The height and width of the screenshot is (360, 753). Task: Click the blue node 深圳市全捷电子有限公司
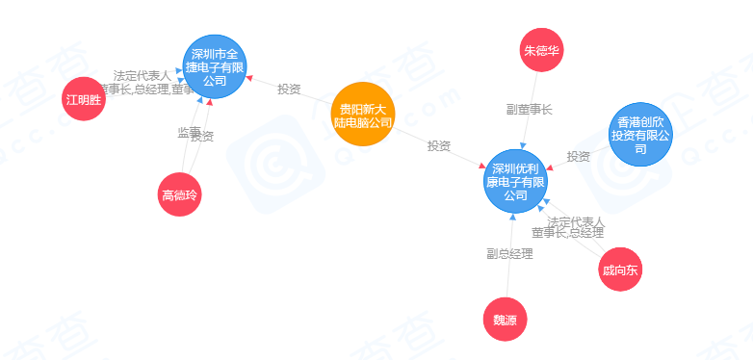216,65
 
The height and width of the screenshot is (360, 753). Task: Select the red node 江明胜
83,99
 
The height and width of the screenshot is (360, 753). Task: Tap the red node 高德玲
180,195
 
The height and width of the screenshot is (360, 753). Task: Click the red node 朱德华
542,50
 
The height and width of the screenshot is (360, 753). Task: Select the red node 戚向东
619,269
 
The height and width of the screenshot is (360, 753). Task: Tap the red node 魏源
506,320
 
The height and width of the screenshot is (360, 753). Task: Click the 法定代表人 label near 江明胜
142,76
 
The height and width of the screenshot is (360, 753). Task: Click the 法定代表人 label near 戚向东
576,221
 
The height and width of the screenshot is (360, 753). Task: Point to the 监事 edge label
189,132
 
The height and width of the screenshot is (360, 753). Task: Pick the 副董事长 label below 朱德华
529,110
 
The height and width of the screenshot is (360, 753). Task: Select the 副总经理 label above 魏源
509,254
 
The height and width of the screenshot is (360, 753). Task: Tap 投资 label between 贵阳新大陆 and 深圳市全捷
289,90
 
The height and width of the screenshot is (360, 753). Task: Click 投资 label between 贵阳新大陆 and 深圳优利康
439,145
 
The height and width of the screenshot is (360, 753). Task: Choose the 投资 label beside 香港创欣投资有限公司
578,156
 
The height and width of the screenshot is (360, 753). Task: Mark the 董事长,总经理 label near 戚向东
568,233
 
